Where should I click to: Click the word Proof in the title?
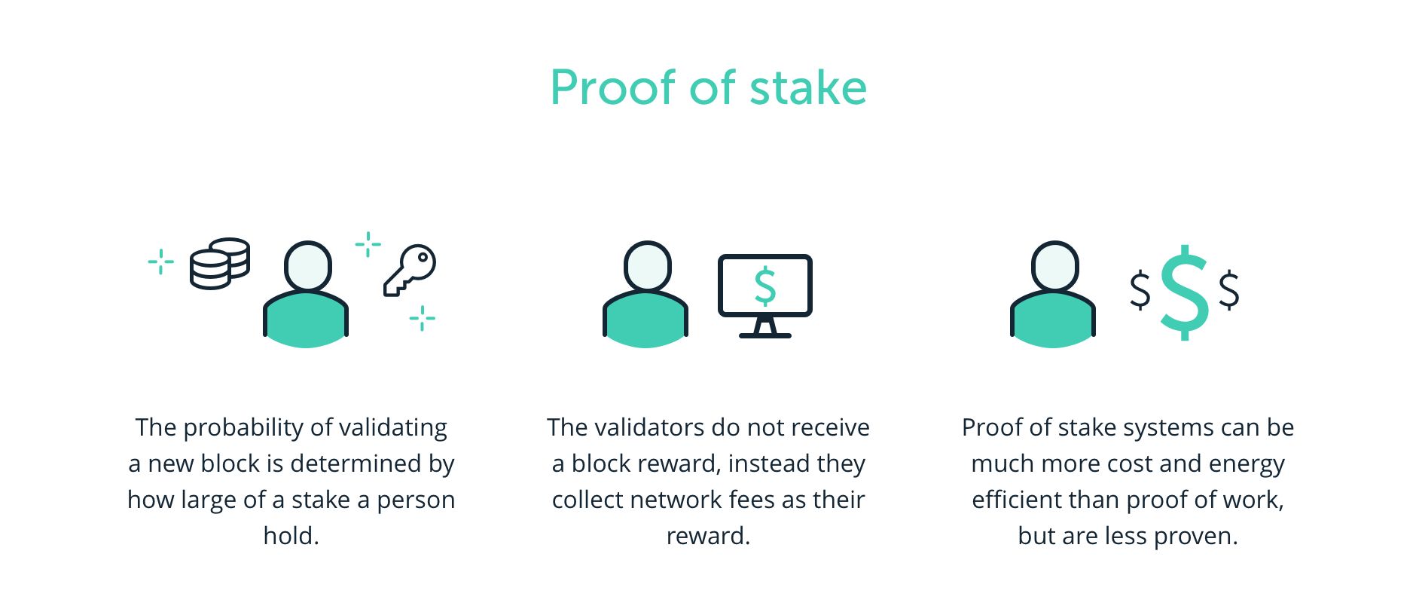612,88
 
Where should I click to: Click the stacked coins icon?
219,264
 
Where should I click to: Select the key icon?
410,270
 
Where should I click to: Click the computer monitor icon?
764,295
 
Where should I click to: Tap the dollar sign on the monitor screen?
764,286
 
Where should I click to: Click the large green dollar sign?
1184,292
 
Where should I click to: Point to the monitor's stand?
764,329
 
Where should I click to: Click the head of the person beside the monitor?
647,265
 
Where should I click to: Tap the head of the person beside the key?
307,265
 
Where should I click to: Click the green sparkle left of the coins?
160,262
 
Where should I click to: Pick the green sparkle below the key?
422,318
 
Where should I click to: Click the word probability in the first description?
243,428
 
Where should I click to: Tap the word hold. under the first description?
291,536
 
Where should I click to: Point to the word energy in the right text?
1247,464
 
